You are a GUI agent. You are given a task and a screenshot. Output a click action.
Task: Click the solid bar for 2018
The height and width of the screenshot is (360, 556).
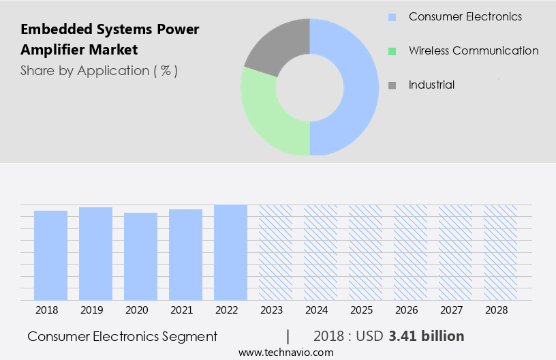[x=51, y=255]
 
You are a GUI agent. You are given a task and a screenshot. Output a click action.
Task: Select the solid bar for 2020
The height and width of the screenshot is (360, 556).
[x=141, y=256]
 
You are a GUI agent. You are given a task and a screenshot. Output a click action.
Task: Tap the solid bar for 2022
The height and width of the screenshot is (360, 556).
[x=230, y=252]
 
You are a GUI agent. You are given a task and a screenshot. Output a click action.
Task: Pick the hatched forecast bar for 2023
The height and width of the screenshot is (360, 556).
[x=275, y=252]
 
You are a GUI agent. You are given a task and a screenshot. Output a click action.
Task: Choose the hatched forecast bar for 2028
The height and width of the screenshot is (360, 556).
[x=500, y=252]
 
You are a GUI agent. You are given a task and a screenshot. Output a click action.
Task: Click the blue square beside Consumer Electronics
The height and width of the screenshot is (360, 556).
[x=392, y=16]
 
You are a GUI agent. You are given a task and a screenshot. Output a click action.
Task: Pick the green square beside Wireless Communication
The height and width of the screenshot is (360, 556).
[x=392, y=51]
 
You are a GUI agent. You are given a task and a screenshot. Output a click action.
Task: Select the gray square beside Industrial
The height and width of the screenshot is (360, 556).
[x=392, y=85]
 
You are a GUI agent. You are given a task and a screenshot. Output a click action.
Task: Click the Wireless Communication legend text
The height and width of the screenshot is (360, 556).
[x=474, y=51]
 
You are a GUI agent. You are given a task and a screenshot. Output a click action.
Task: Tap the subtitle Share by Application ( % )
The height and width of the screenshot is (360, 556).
[x=99, y=71]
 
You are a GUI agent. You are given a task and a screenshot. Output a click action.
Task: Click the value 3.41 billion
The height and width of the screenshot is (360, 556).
[x=427, y=336]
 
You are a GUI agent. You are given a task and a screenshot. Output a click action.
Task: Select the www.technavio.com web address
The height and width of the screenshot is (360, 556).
[x=286, y=352]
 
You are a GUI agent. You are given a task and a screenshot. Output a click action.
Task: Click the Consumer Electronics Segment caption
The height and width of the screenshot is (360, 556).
[x=123, y=336]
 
